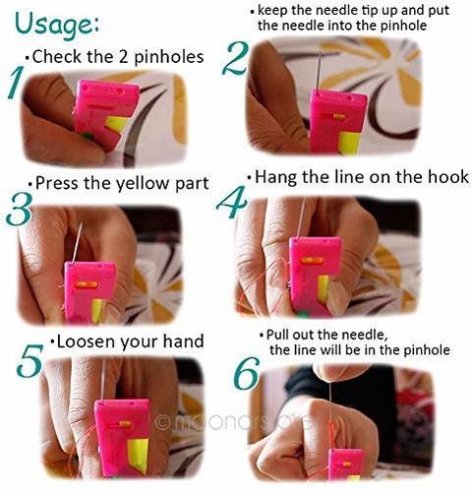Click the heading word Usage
pyautogui.click(x=57, y=26)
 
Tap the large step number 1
pyautogui.click(x=16, y=83)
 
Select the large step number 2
pyautogui.click(x=235, y=59)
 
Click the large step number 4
pyautogui.click(x=232, y=202)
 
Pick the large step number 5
pyautogui.click(x=29, y=360)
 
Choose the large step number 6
pyautogui.click(x=247, y=374)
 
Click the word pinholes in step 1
pyautogui.click(x=169, y=57)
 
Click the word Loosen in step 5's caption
pyautogui.click(x=86, y=341)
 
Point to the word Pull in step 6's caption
pyautogui.click(x=278, y=335)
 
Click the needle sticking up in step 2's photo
pyautogui.click(x=318, y=71)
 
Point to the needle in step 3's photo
pyautogui.click(x=78, y=242)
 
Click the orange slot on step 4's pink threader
pyautogui.click(x=313, y=261)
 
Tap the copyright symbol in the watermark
pyautogui.click(x=161, y=422)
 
